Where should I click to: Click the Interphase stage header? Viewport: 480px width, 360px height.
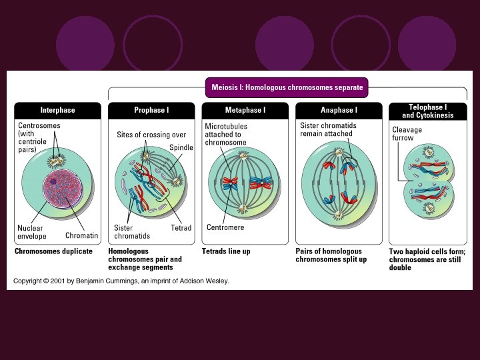(57, 110)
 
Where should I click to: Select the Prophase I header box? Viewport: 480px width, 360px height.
(151, 110)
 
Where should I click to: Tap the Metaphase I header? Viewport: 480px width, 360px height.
(245, 110)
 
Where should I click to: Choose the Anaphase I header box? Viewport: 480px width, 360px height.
(338, 110)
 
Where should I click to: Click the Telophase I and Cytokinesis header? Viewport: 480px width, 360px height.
(427, 111)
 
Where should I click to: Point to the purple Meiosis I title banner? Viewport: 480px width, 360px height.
(287, 87)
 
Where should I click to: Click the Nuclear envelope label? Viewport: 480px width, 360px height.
(31, 231)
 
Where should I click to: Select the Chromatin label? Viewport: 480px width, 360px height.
(81, 235)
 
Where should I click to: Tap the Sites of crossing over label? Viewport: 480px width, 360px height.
(151, 135)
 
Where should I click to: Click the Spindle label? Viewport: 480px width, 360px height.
(181, 147)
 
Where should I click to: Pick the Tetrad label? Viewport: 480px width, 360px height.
(181, 228)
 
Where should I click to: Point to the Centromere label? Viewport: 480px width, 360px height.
(225, 228)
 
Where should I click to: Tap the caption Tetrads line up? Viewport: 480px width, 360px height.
(226, 251)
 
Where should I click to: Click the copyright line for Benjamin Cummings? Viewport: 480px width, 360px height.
(122, 281)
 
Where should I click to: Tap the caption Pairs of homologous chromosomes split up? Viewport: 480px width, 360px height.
(331, 255)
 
